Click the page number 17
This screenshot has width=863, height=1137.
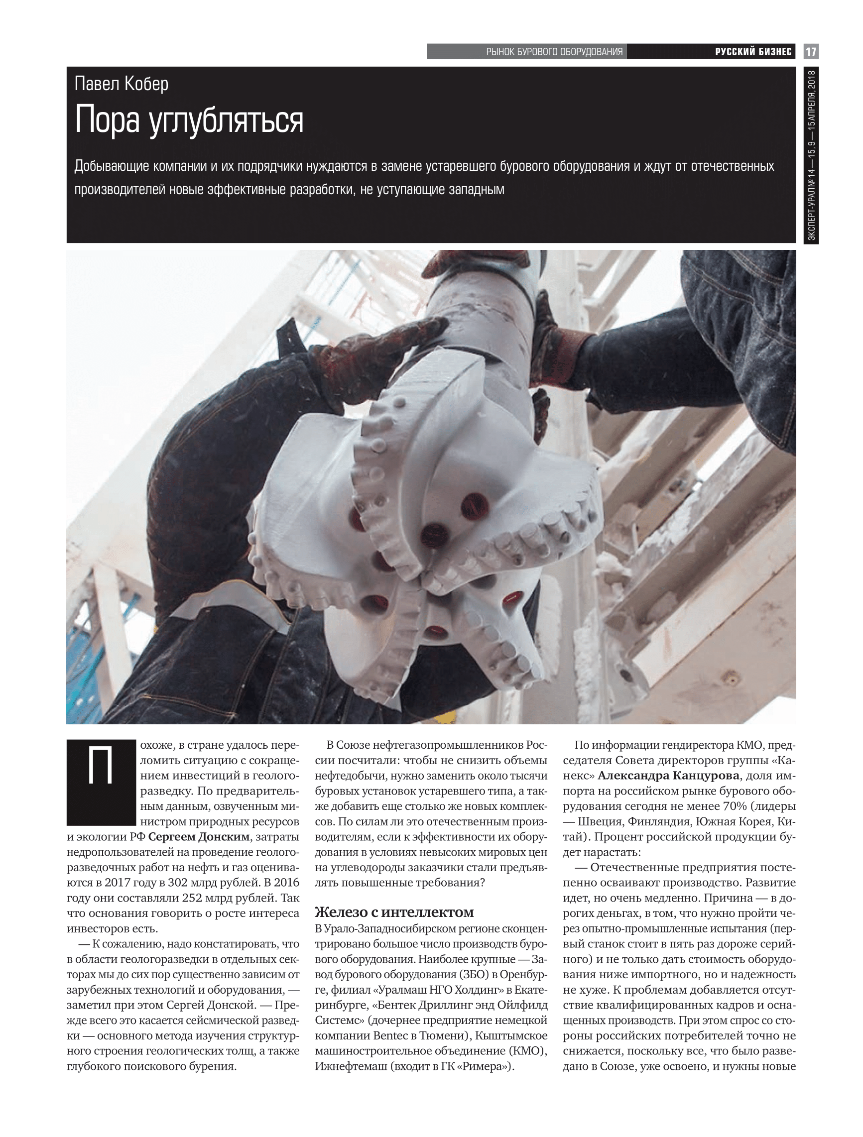[811, 52]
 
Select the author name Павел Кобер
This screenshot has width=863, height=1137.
[122, 84]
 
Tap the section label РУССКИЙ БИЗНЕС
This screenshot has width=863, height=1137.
[753, 52]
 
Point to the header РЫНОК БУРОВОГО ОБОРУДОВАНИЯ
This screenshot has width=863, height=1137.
[554, 52]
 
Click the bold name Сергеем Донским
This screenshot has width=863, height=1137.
[199, 837]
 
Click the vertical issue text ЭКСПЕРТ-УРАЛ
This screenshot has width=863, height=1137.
[811, 211]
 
